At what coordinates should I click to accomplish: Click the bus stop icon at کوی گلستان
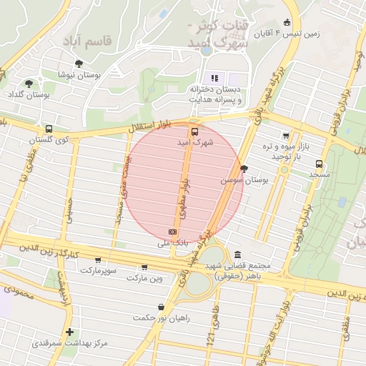coord(48,129)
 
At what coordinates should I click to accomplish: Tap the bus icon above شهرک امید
coord(194,132)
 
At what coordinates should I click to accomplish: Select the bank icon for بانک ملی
coord(172,232)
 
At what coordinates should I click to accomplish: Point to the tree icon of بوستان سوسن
coord(245,169)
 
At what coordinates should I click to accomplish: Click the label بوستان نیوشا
coord(79,74)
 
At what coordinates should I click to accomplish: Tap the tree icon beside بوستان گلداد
coord(29,84)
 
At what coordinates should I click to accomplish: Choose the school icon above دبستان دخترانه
coord(214,78)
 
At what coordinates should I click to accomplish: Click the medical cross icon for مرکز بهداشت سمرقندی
coord(69,332)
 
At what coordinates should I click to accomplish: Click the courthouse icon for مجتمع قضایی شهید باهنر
coord(237,254)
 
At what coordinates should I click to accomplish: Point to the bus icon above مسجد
coord(318,163)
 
